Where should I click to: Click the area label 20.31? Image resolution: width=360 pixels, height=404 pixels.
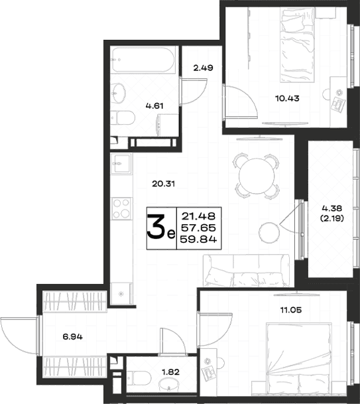(x=163, y=184)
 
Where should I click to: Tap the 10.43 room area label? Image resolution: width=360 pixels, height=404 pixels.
(x=287, y=98)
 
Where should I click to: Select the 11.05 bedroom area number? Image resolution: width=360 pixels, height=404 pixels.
(x=291, y=310)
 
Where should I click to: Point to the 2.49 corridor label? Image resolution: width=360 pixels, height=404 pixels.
(x=203, y=68)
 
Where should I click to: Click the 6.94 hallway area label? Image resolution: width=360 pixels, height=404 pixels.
(x=73, y=336)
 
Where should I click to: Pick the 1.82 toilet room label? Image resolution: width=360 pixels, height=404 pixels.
(x=170, y=372)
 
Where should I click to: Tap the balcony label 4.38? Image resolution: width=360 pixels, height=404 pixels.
(x=331, y=208)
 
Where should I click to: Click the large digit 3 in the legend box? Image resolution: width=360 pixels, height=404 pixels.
(x=156, y=228)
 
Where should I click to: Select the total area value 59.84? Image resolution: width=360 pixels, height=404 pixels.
(x=198, y=239)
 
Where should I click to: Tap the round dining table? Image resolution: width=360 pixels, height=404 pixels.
(x=257, y=176)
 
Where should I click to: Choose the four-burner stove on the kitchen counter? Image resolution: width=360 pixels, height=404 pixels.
(x=122, y=209)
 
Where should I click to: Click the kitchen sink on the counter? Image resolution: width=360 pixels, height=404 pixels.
(x=121, y=164)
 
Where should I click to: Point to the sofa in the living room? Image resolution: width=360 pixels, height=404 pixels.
(x=247, y=271)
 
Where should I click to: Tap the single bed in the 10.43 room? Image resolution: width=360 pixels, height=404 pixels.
(x=298, y=45)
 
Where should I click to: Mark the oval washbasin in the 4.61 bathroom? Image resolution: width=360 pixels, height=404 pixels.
(x=119, y=94)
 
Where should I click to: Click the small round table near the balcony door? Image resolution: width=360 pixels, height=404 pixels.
(x=269, y=232)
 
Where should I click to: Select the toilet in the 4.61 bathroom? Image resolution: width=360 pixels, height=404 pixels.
(x=123, y=117)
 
